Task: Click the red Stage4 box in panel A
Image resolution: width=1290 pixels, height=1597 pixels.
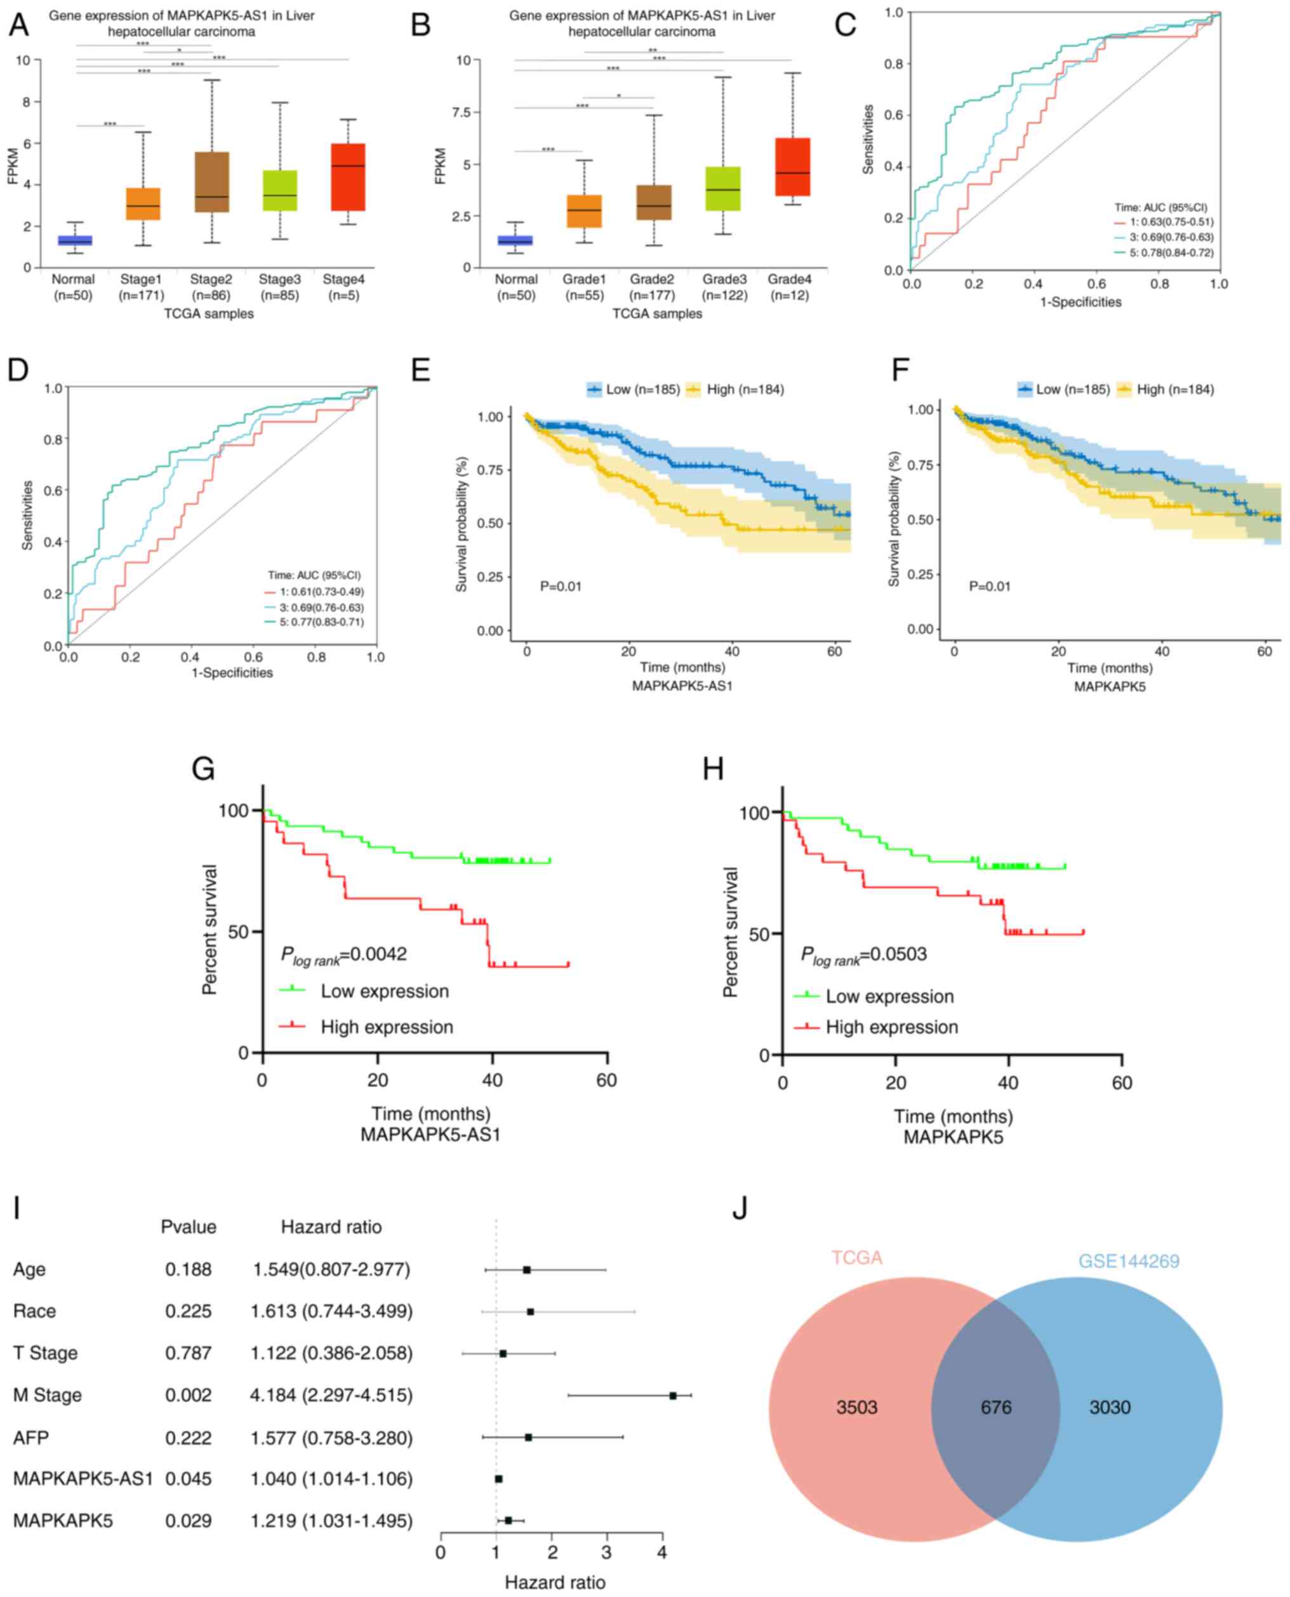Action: coord(348,177)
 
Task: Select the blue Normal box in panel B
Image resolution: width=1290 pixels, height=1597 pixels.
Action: coord(515,240)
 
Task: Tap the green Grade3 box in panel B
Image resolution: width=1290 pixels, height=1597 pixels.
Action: coord(723,189)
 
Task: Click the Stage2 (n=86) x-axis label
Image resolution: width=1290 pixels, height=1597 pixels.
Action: coord(210,287)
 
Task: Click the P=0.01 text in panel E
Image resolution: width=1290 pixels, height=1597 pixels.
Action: coord(561,586)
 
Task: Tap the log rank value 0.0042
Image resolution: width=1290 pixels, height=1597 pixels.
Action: coord(378,955)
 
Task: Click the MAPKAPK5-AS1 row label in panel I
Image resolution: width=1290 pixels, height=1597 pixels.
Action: coord(83,1479)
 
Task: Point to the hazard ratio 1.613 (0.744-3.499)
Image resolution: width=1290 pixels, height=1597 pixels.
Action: coord(331,1311)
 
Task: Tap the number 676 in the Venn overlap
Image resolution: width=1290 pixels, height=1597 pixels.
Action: coord(995,1408)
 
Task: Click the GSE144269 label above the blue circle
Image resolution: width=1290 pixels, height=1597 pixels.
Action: coord(1129,1261)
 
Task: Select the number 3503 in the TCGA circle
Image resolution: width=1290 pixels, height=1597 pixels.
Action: coord(857,1408)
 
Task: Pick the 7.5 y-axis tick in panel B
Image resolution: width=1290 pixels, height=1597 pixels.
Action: coord(462,112)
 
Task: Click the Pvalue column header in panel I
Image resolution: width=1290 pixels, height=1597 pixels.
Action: coord(188,1227)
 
